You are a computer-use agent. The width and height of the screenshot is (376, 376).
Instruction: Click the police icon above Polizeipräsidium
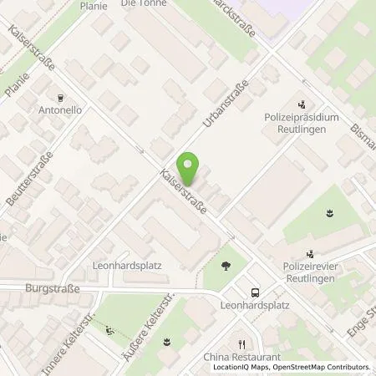[x=302, y=105]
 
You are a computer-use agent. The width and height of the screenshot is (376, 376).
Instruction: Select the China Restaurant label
[x=242, y=357]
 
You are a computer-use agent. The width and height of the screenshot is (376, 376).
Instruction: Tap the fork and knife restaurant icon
[x=242, y=343]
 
